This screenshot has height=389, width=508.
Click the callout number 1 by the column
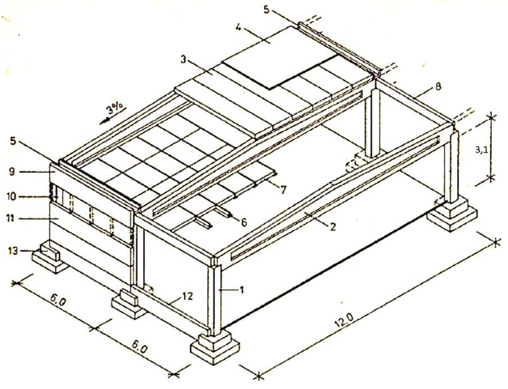(242, 290)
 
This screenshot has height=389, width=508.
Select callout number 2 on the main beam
(332, 227)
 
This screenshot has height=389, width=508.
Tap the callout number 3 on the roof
(183, 60)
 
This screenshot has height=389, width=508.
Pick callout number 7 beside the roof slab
(283, 190)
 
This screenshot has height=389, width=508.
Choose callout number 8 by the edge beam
(438, 86)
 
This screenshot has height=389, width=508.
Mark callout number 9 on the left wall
(12, 171)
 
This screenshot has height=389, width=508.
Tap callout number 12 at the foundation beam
(187, 296)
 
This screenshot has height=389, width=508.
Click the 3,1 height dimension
(481, 150)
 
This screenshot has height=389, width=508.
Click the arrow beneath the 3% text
(105, 120)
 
